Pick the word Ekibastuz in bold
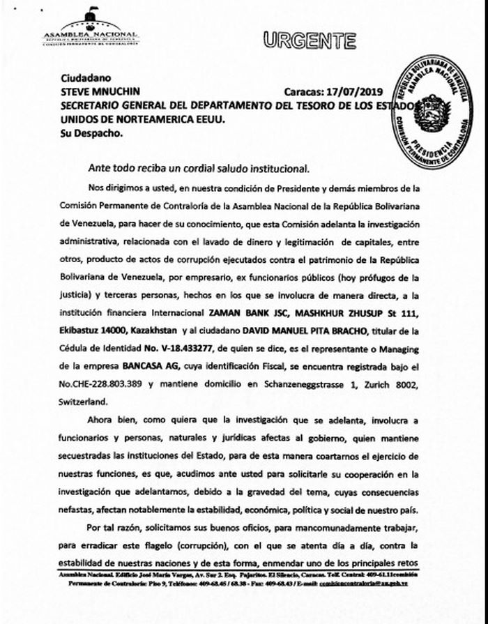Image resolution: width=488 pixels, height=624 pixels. pos(81,329)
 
